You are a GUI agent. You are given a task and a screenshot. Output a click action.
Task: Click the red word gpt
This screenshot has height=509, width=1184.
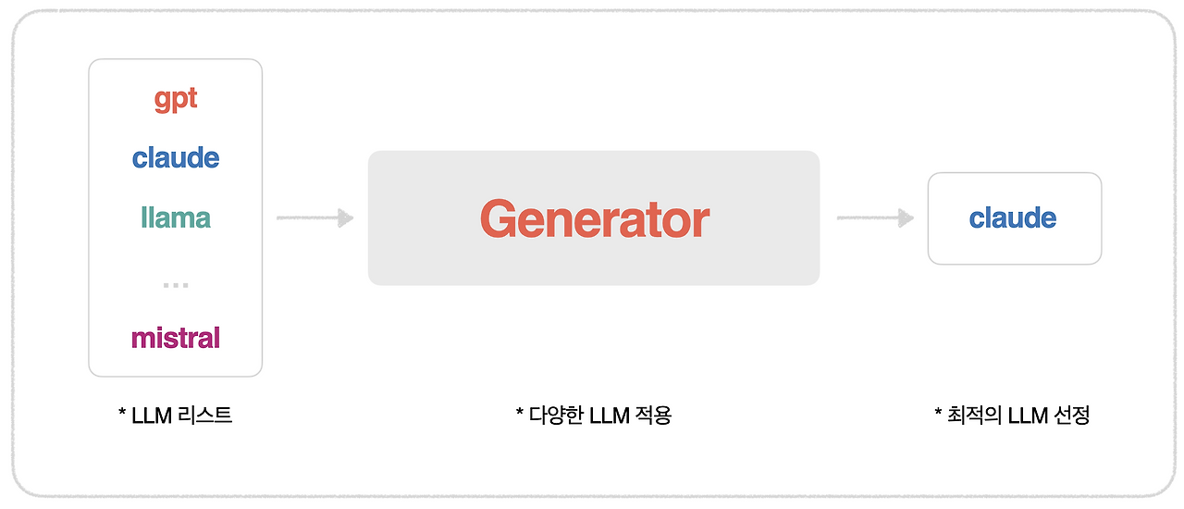[x=176, y=99]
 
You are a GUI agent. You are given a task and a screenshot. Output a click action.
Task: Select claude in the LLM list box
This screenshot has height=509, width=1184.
[x=176, y=157]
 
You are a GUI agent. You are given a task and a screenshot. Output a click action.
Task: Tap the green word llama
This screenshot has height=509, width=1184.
[x=176, y=217]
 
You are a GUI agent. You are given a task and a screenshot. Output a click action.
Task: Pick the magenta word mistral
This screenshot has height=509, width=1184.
[x=176, y=338]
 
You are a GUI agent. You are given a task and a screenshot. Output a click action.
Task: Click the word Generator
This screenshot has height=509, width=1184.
[x=594, y=219]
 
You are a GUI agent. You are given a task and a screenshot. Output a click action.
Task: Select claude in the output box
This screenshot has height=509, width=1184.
[x=1013, y=218]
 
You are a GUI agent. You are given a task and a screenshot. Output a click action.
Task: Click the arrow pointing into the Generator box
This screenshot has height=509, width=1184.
[x=314, y=218]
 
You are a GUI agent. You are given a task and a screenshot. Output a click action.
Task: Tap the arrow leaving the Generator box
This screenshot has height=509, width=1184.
[x=875, y=218]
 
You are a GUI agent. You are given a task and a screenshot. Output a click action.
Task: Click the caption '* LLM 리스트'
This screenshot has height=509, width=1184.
[x=175, y=416]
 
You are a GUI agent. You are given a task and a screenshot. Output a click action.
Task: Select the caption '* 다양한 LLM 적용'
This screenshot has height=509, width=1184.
[x=593, y=416]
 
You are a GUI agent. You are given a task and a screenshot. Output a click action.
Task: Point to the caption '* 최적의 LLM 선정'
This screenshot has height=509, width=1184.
[x=1012, y=416]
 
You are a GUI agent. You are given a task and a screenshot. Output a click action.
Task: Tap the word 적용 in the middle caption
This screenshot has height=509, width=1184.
[x=653, y=416]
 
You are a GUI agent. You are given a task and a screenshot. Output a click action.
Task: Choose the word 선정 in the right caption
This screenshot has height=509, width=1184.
[x=1072, y=416]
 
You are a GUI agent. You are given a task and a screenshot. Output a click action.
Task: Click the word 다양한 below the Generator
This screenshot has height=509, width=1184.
[x=558, y=416]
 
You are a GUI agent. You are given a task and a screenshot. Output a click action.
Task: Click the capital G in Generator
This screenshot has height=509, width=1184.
[x=499, y=219]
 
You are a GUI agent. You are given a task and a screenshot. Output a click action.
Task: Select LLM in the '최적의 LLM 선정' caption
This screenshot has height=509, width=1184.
[x=1027, y=416]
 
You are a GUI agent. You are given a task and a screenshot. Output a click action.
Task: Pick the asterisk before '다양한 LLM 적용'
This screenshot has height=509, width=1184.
[x=519, y=413]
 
